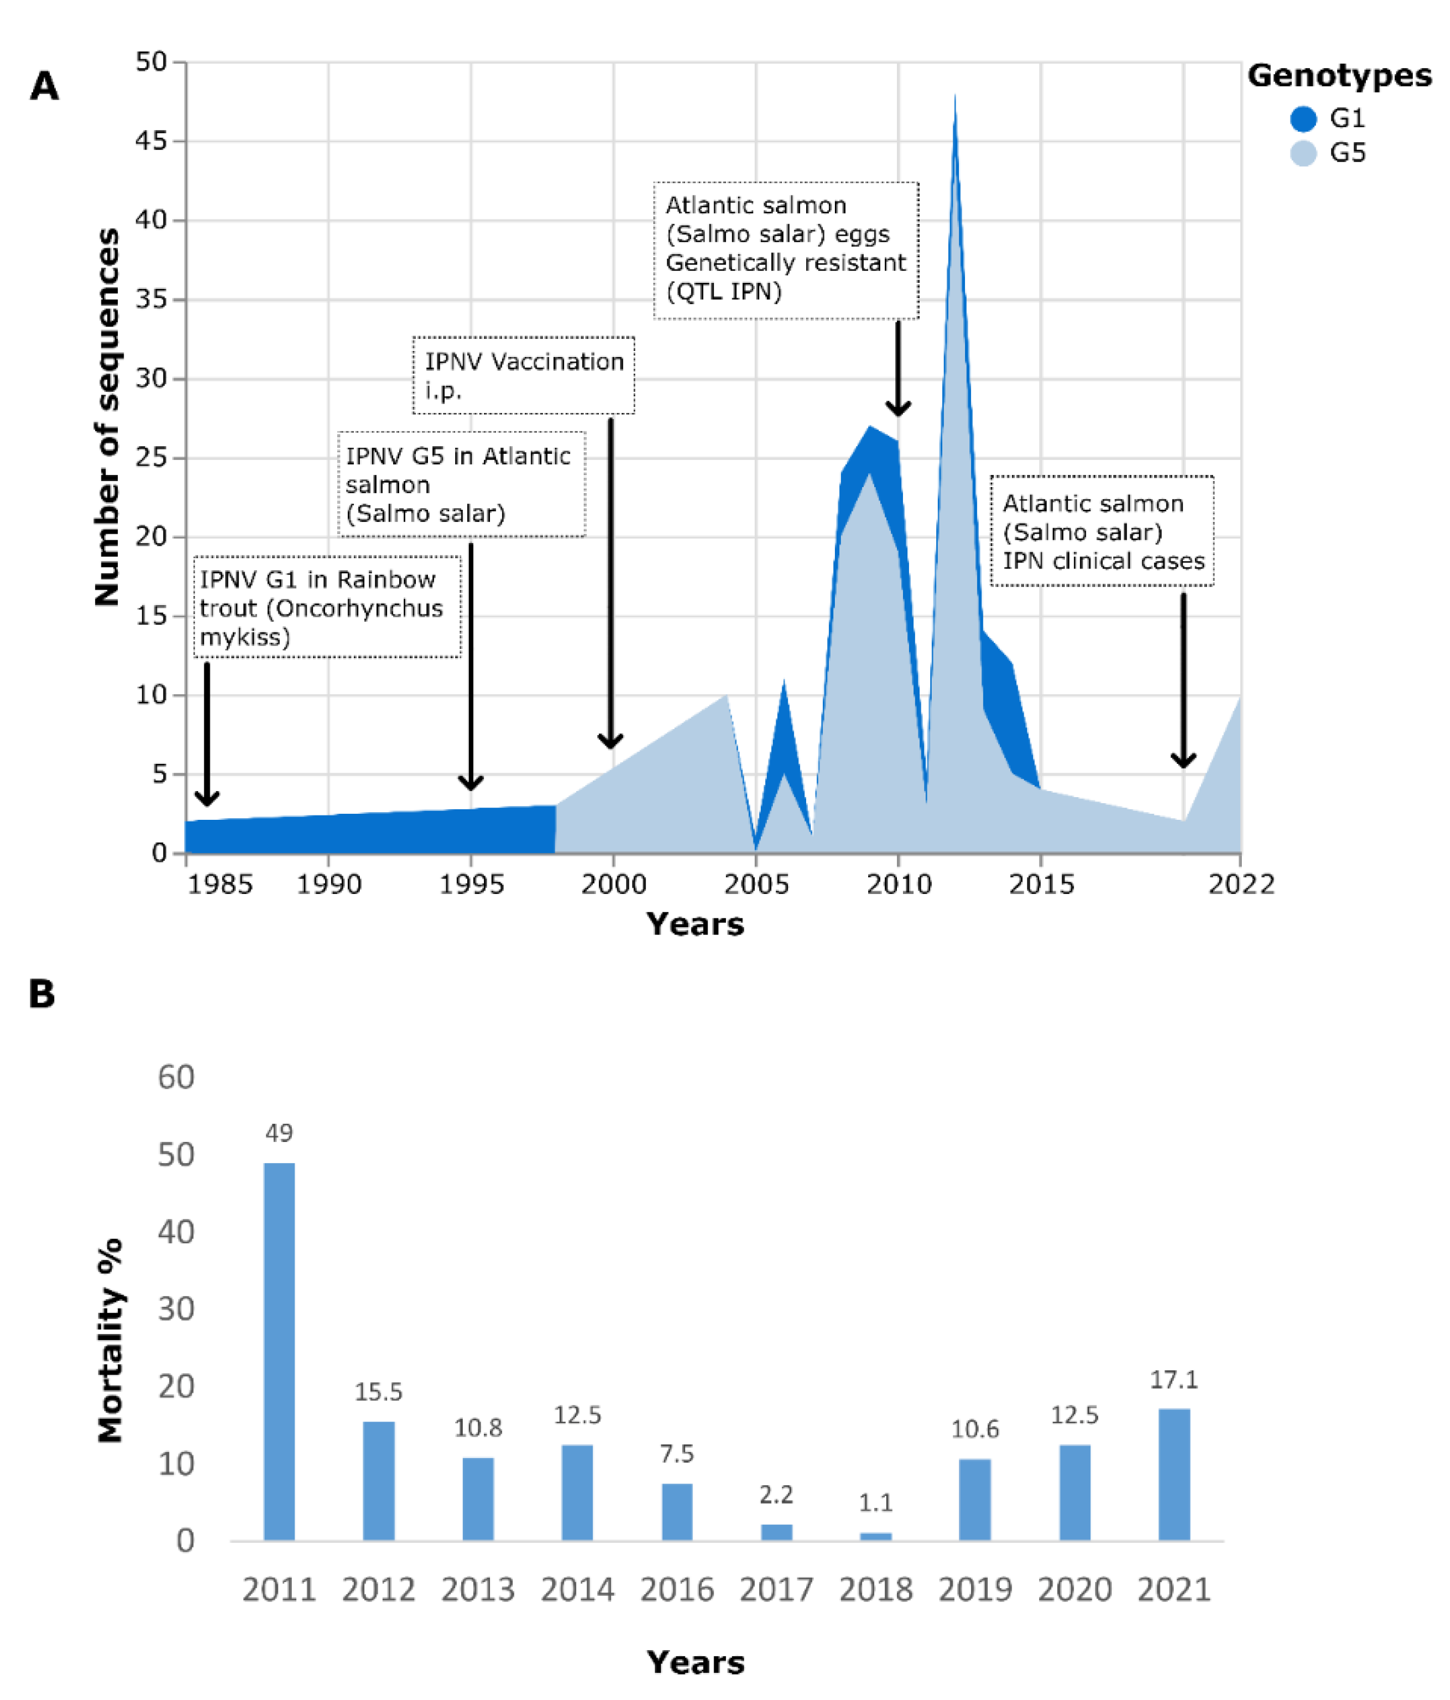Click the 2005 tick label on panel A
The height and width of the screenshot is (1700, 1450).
756,885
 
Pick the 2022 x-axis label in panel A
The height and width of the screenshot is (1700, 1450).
1240,885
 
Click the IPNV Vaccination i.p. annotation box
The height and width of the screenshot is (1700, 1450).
524,375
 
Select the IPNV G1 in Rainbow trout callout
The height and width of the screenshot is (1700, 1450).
327,607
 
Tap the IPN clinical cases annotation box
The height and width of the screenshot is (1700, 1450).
1102,531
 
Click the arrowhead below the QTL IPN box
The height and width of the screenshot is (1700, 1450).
897,408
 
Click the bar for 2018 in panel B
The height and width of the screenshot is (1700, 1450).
875,1536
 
